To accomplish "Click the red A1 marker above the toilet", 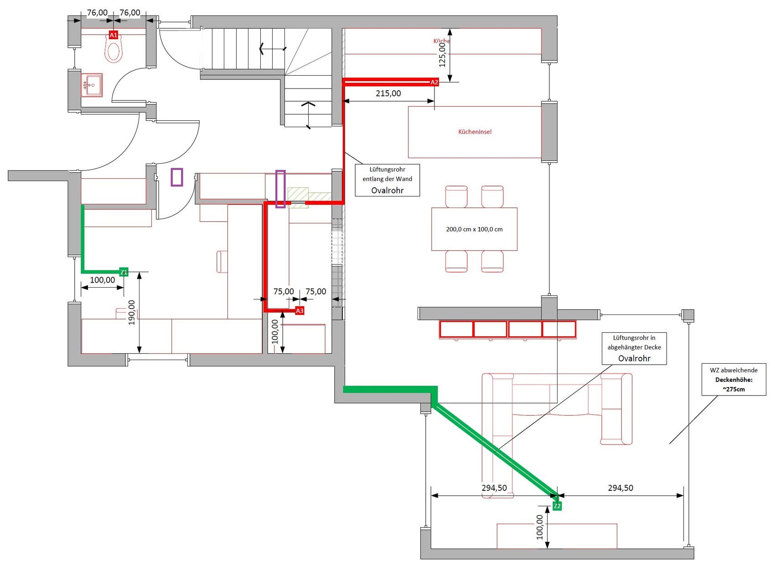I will click(x=114, y=35).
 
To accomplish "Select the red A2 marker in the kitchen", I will click(x=434, y=82).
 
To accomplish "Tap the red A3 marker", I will click(x=300, y=311).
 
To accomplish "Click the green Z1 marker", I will click(x=124, y=272).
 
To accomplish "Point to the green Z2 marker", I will click(x=557, y=506).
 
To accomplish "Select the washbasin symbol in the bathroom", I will click(x=93, y=85).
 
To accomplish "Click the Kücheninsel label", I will click(x=475, y=132).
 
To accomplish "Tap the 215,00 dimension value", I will click(x=388, y=93).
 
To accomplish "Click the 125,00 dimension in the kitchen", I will click(x=442, y=55).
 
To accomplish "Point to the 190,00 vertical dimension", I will click(x=132, y=312).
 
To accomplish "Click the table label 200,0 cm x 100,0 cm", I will click(x=474, y=229).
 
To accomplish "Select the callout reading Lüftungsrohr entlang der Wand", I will click(x=387, y=180).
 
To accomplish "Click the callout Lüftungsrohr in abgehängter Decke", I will click(x=634, y=348).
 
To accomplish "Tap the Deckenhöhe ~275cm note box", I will click(x=734, y=379).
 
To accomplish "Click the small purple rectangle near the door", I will click(x=177, y=177).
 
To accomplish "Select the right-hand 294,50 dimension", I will click(x=620, y=488).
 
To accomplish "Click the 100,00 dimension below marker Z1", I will click(x=103, y=280).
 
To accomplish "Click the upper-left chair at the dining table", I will click(x=456, y=196).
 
